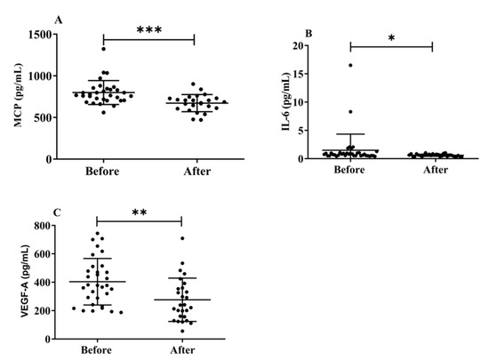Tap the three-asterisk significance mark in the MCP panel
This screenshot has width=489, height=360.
coord(148,29)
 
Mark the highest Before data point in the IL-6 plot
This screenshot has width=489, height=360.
coord(350,65)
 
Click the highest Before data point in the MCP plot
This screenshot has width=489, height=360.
coord(104,49)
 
